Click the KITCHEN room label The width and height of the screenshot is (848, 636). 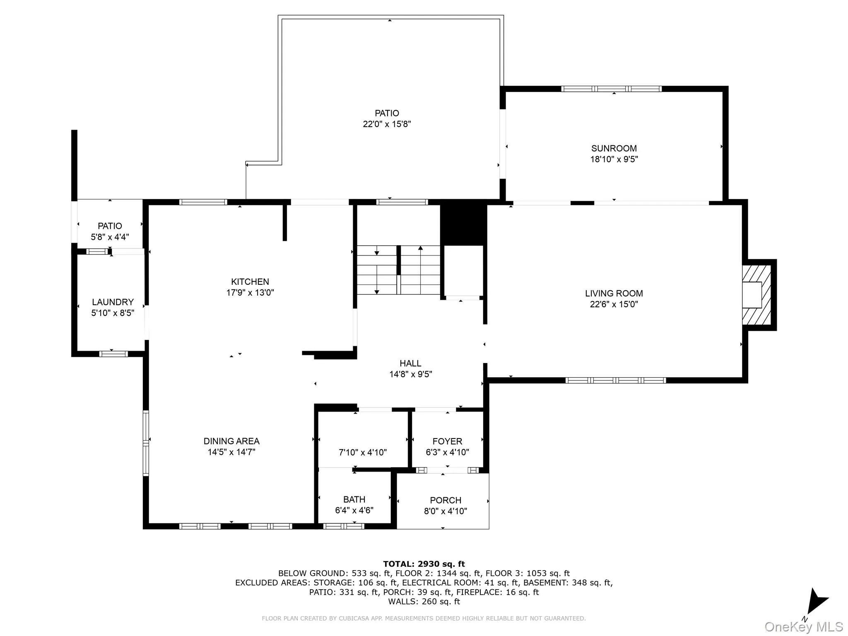click(250, 282)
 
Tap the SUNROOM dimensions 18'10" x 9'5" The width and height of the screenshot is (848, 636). click(614, 159)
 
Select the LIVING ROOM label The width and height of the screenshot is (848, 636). click(614, 294)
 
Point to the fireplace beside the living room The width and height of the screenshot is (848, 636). click(756, 295)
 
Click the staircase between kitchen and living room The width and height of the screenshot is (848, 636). click(398, 270)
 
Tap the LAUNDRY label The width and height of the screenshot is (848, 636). click(113, 302)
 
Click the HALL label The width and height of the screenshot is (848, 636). click(410, 364)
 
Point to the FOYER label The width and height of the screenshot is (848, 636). click(447, 441)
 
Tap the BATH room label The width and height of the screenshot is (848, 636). click(354, 499)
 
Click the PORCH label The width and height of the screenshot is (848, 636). click(446, 500)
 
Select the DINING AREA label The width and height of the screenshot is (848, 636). click(231, 441)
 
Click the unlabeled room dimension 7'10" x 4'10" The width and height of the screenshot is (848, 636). click(363, 453)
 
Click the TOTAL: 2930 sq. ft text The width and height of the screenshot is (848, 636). click(424, 564)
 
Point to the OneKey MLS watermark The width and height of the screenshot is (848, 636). click(803, 626)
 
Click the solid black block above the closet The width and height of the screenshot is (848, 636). click(463, 224)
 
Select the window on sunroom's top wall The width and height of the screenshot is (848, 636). click(611, 89)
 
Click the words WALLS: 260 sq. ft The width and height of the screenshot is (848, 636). click(424, 602)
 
